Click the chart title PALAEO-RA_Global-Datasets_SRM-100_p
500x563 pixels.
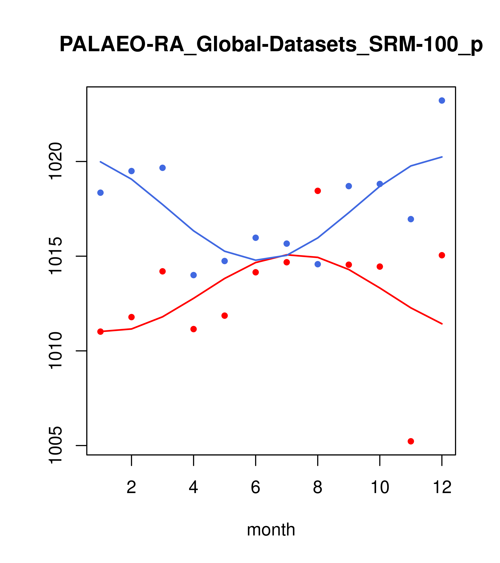click(x=271, y=45)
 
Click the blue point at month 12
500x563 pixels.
click(x=442, y=100)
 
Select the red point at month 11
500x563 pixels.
click(x=411, y=441)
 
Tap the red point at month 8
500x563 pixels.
click(x=318, y=191)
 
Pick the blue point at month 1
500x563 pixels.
click(x=100, y=192)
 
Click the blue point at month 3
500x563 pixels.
click(x=163, y=168)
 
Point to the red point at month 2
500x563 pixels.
click(x=132, y=317)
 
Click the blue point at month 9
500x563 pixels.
click(x=349, y=186)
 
